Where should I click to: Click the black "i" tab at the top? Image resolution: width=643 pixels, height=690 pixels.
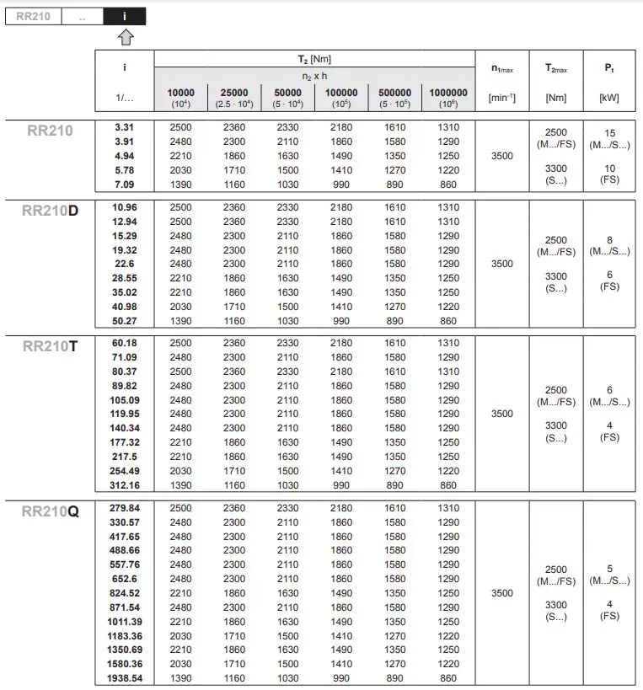[x=125, y=16]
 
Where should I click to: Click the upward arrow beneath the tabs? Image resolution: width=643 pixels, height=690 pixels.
[x=125, y=36]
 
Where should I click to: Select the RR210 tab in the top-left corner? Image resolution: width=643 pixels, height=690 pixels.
[x=33, y=16]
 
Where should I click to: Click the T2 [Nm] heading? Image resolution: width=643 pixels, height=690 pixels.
[x=314, y=59]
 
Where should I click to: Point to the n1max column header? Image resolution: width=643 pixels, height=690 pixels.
[x=501, y=68]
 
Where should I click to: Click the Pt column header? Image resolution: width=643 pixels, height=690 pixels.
[x=609, y=68]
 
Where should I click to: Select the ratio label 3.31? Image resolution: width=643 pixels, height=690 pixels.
[x=124, y=127]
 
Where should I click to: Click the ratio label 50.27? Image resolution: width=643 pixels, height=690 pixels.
[x=124, y=321]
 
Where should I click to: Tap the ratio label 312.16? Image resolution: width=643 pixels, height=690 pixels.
[x=124, y=485]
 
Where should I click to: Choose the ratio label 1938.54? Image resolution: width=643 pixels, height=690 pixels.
[x=124, y=678]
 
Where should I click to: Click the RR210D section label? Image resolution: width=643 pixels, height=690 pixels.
[x=51, y=211]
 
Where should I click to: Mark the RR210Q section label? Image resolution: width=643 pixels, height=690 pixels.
[x=51, y=511]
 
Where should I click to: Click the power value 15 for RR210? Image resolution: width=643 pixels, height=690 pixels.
[x=609, y=133]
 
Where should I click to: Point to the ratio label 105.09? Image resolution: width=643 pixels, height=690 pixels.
[x=124, y=400]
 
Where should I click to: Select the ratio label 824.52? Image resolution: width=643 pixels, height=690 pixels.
[x=124, y=593]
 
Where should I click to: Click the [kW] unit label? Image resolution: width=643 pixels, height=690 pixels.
[x=609, y=98]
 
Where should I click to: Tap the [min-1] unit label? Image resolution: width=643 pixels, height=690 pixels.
[x=501, y=98]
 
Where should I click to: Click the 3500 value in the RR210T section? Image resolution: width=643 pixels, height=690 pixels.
[x=501, y=414]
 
